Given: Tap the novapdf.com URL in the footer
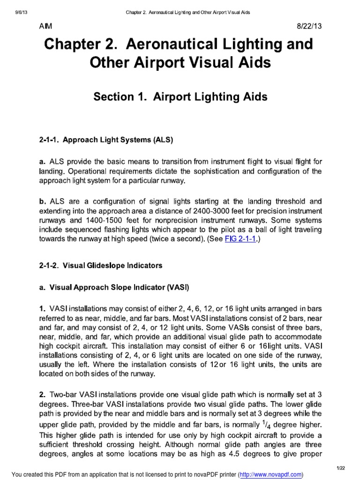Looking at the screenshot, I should (270, 474).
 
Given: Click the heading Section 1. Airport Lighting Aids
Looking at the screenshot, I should (180, 97).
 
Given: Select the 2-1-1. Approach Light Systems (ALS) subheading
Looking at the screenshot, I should (106, 140).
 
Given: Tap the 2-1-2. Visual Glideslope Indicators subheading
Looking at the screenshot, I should (100, 266).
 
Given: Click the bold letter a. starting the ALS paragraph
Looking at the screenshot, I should (42, 161).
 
